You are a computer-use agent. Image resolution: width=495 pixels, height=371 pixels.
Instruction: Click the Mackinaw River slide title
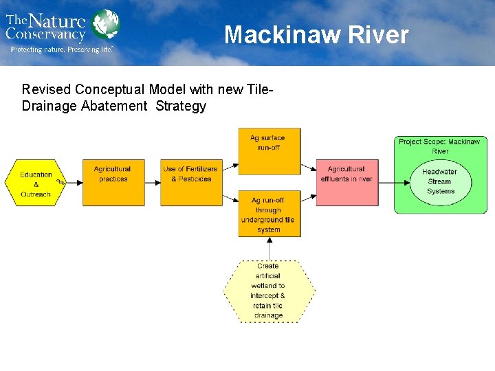pos(316,34)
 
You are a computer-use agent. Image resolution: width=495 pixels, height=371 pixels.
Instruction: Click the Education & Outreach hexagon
pos(35,183)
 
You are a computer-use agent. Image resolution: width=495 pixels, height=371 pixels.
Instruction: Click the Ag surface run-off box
pos(269,151)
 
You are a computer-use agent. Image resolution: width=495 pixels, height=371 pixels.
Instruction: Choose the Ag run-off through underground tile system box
pos(269,214)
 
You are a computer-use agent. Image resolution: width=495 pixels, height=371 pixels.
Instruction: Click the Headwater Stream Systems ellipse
pos(440,181)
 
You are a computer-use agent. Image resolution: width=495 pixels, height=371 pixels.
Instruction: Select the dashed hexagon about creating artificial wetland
pos(269,291)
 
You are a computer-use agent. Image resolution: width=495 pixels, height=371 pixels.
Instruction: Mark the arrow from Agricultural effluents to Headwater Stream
pos(393,183)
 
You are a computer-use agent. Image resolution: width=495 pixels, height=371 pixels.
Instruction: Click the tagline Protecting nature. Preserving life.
pos(61,49)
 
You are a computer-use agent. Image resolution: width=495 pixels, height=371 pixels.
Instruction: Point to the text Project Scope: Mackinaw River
pos(439,146)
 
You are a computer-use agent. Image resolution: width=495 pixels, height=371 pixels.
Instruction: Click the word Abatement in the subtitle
pos(117,106)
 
